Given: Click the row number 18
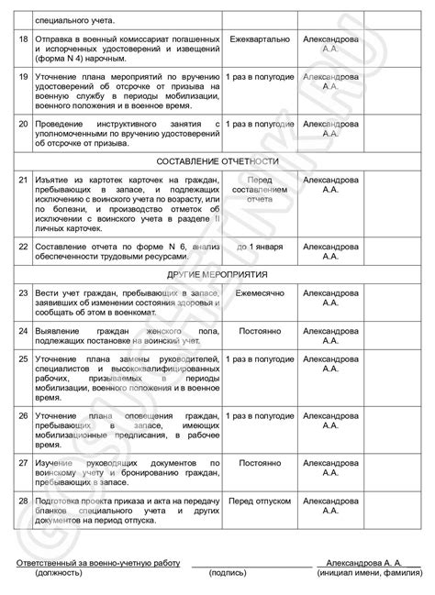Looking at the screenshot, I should (x=24, y=40).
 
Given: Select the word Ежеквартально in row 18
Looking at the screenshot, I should (x=261, y=40).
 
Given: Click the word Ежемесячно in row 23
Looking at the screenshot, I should (x=261, y=293).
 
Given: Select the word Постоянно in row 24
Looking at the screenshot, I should (x=261, y=327).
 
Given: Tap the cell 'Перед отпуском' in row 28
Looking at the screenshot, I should (x=261, y=501).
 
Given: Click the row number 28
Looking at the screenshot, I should (x=24, y=501).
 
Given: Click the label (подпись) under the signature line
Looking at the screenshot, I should (x=227, y=573).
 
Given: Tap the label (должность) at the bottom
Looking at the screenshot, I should (x=58, y=573).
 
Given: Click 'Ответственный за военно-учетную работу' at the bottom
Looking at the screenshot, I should (x=97, y=561).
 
